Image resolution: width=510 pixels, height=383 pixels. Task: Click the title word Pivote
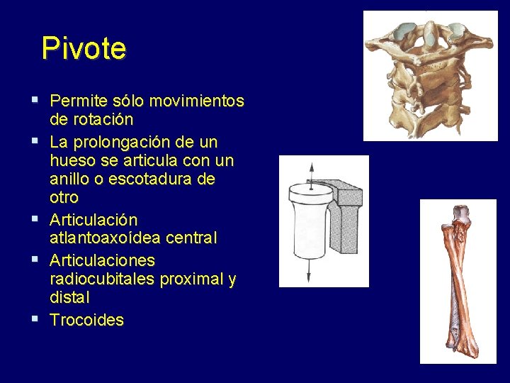pos(84,49)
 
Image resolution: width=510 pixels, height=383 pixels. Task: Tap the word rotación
pos(102,120)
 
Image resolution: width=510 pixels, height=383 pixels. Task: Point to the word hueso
pos(72,161)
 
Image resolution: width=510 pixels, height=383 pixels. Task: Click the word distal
pos(69,298)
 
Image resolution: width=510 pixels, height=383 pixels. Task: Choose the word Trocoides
pos(86,320)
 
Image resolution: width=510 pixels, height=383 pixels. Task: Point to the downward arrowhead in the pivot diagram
pos(309,277)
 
